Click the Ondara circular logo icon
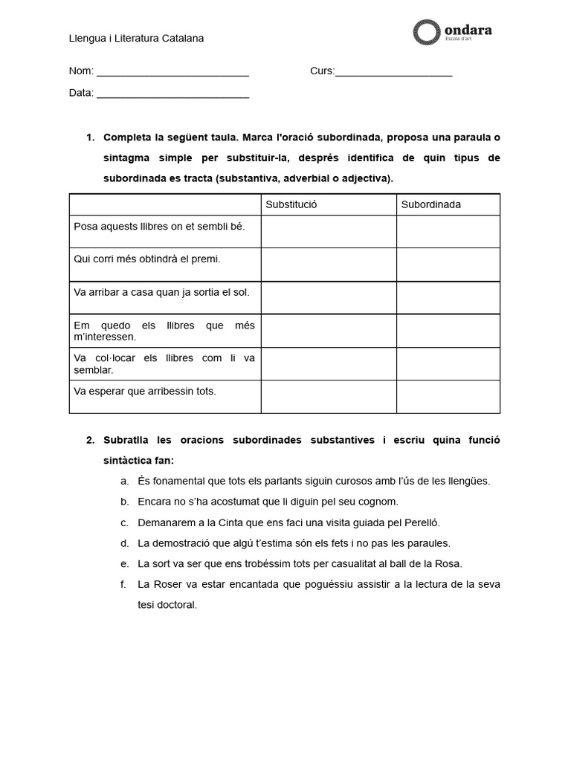426,32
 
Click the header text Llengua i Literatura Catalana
136,38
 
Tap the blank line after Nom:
172,72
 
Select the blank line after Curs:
393,72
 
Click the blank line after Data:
172,94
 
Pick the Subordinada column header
431,204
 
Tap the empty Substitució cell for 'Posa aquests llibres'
328,231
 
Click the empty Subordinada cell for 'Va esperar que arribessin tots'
448,396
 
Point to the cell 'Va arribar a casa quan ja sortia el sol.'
162,291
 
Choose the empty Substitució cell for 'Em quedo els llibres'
328,331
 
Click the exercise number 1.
90,137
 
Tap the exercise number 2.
90,440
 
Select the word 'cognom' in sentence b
381,501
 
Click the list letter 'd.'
124,543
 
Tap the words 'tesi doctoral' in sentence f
167,605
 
